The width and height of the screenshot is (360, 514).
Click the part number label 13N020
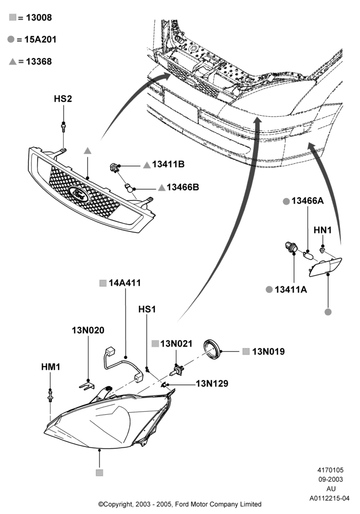88,330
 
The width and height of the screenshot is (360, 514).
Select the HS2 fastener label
63,99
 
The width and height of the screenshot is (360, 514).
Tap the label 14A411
124,283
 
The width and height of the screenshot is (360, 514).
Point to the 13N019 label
268,352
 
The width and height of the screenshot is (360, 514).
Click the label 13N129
212,383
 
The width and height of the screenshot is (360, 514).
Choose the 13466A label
308,201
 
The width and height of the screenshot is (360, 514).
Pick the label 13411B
168,164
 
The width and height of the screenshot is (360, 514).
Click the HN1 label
322,230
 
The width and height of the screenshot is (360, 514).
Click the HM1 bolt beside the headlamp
50,395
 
